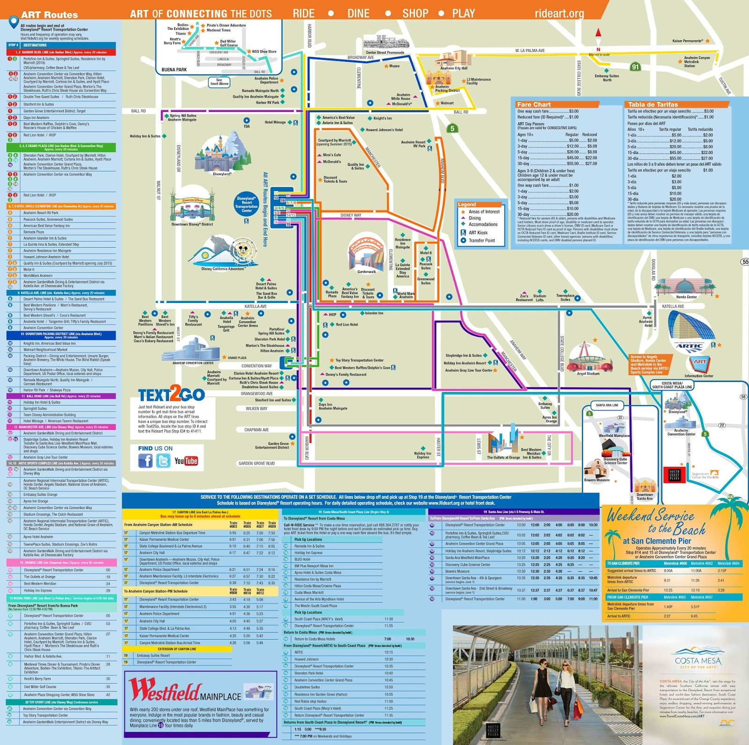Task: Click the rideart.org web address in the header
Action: (559, 14)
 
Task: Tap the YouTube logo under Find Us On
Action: (186, 461)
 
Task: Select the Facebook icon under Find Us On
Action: (145, 461)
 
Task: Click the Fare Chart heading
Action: (534, 104)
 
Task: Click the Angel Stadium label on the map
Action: (588, 374)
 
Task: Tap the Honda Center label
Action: (686, 297)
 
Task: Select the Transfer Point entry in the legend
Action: (482, 241)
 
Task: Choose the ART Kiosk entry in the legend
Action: (478, 233)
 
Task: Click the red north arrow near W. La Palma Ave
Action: (598, 33)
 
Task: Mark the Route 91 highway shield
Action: (635, 67)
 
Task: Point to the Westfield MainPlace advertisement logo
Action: (185, 691)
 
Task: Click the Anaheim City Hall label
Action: (454, 68)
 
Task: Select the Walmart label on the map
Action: (447, 103)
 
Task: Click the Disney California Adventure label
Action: (222, 269)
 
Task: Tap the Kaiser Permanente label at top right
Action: (687, 41)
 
